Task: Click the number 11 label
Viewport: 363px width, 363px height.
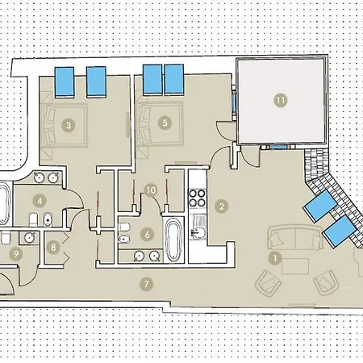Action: click(279, 100)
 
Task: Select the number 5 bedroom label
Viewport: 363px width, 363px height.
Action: click(165, 123)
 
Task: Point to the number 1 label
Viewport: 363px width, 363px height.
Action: click(274, 259)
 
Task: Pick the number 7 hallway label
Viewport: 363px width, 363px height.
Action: click(145, 283)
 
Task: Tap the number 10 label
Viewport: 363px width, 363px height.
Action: click(149, 190)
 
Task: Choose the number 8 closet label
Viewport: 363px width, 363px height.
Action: click(54, 248)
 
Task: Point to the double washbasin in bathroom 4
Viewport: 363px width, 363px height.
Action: click(45, 178)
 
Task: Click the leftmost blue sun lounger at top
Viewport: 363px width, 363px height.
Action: click(65, 80)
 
